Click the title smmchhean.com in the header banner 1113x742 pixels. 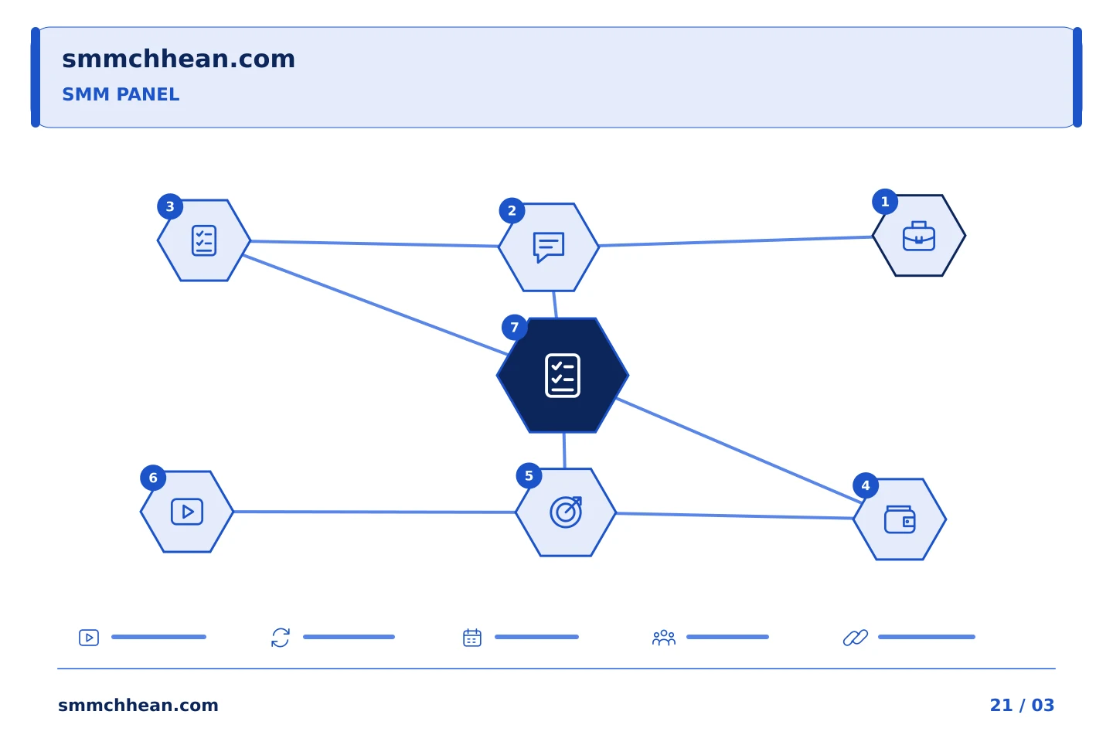pyautogui.click(x=179, y=60)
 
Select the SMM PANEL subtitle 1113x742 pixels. pyautogui.click(x=121, y=94)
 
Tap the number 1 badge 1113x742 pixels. pyautogui.click(x=885, y=202)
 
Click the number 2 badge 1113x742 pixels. pyautogui.click(x=512, y=211)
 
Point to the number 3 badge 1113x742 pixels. pyautogui.click(x=170, y=206)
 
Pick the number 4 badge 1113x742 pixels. pyautogui.click(x=866, y=485)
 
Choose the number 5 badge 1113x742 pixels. pyautogui.click(x=529, y=476)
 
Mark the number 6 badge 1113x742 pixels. pyautogui.click(x=153, y=478)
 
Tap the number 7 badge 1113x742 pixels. pyautogui.click(x=514, y=328)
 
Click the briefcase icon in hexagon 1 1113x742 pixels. pyautogui.click(x=919, y=236)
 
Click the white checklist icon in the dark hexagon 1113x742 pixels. pyautogui.click(x=563, y=376)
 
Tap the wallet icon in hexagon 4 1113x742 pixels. pyautogui.click(x=900, y=520)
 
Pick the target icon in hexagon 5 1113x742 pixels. pyautogui.click(x=566, y=512)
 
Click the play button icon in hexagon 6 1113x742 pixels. pyautogui.click(x=187, y=512)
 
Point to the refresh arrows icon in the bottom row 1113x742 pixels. pyautogui.click(x=281, y=638)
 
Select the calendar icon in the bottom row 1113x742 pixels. pyautogui.click(x=472, y=638)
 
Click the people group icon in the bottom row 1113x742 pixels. pyautogui.click(x=664, y=638)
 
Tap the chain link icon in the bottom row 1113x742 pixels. pyautogui.click(x=856, y=638)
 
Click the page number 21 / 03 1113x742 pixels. pyautogui.click(x=1022, y=705)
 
